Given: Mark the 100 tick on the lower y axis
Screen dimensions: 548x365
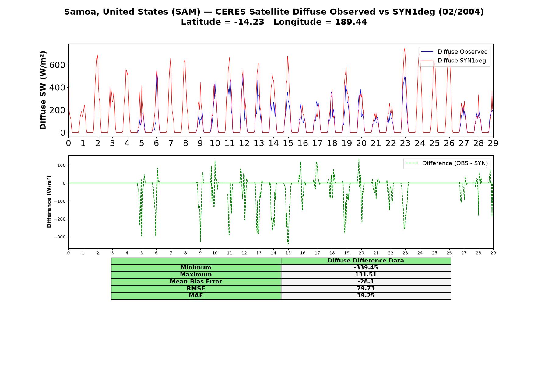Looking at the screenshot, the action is click(x=62, y=165).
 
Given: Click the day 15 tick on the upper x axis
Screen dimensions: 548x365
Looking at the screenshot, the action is click(x=288, y=143).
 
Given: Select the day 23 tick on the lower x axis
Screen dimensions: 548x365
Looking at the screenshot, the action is click(x=405, y=253).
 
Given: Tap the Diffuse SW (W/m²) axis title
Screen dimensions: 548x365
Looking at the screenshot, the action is click(x=43, y=90).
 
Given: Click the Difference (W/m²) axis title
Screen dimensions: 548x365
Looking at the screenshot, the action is click(x=49, y=202).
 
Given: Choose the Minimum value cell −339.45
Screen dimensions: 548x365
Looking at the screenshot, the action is click(x=366, y=268).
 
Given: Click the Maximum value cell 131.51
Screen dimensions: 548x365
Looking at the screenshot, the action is click(x=366, y=275).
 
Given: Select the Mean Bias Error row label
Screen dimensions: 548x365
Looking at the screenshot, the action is click(x=196, y=282).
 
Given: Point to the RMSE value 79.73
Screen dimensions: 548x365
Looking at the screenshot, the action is click(x=366, y=289).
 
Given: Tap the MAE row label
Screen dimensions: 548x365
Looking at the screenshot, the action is click(x=196, y=296).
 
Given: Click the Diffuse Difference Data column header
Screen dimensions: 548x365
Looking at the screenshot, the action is click(x=366, y=261).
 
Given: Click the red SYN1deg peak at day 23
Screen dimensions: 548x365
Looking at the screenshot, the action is click(x=405, y=48).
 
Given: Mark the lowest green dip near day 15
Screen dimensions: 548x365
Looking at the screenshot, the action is click(x=288, y=244).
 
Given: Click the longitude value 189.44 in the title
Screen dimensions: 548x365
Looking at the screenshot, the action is click(x=351, y=22).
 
